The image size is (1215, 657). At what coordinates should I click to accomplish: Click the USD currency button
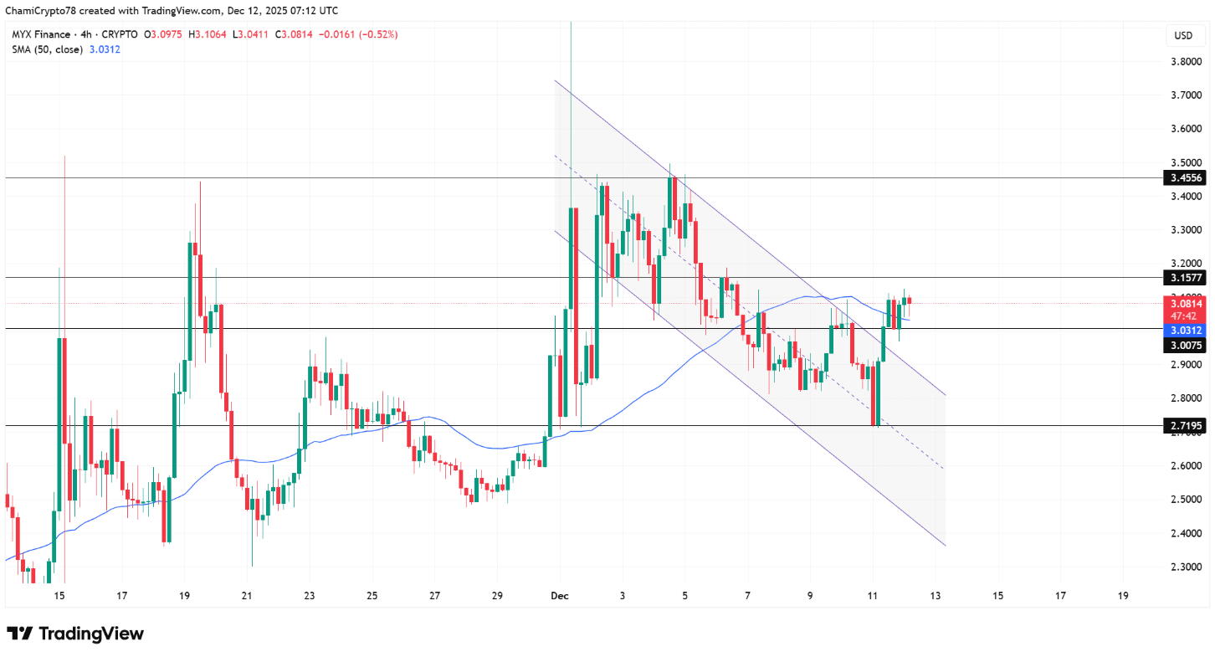[x=1183, y=36]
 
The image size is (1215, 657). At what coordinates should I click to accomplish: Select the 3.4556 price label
[x=1187, y=177]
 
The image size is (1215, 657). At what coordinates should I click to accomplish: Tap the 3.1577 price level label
[x=1187, y=277]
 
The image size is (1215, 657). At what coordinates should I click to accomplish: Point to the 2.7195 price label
[x=1187, y=426]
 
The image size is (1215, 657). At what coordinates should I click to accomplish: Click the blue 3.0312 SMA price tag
[x=1187, y=331]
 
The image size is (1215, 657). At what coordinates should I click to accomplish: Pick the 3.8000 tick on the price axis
[x=1187, y=61]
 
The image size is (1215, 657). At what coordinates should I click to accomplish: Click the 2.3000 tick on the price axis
[x=1187, y=567]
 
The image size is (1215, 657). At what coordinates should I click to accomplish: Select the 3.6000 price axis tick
[x=1187, y=129]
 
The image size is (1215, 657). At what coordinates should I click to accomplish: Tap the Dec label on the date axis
[x=559, y=596]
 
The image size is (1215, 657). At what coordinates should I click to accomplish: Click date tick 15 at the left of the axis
[x=59, y=596]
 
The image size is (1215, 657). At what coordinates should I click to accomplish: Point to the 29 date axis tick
[x=497, y=596]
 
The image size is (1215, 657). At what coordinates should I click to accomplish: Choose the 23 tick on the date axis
[x=310, y=596]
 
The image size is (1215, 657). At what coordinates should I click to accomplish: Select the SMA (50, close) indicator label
[x=47, y=49]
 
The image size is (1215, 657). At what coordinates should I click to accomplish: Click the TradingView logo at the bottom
[x=75, y=634]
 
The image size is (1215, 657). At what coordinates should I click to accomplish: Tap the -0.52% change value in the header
[x=379, y=34]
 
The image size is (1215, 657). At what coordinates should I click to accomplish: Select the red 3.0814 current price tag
[x=1187, y=304]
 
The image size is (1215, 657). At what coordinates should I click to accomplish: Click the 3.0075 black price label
[x=1187, y=345]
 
